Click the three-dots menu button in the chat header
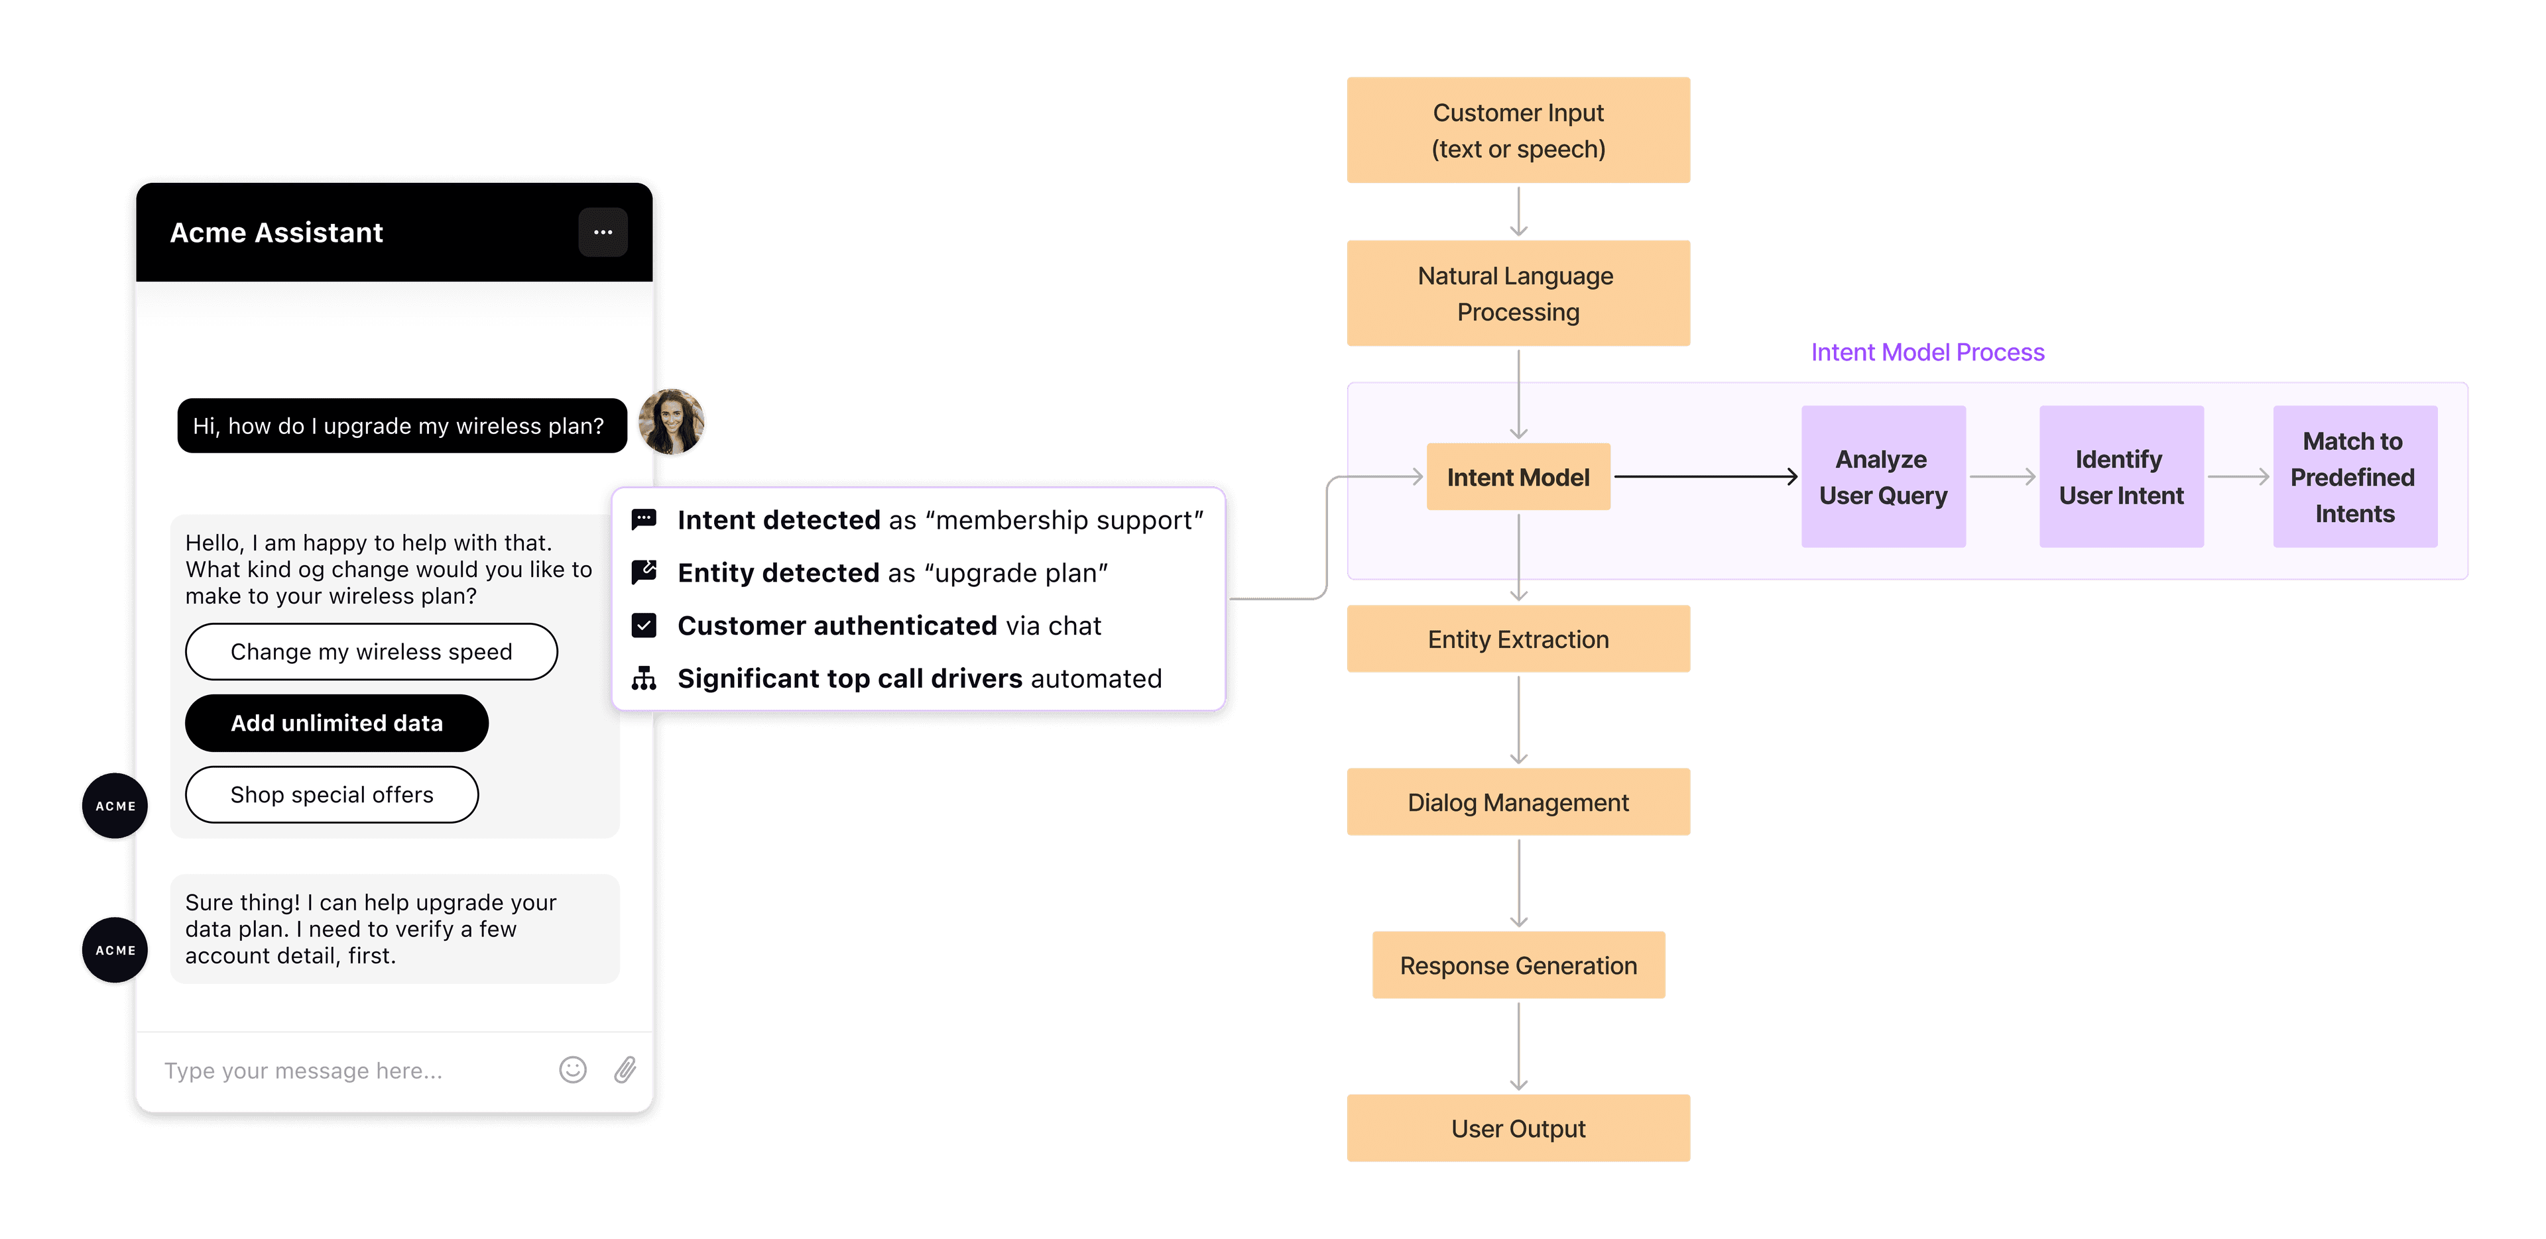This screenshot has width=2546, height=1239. [x=603, y=232]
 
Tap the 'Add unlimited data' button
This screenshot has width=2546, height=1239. [x=336, y=724]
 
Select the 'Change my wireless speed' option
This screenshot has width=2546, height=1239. [x=371, y=652]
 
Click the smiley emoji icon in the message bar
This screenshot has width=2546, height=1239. [x=574, y=1070]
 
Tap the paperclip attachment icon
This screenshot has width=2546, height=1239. [x=625, y=1070]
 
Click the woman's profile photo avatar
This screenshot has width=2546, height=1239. [x=672, y=423]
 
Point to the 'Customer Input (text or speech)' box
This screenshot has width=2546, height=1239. [x=1518, y=131]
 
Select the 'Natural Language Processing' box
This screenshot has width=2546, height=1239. [x=1518, y=294]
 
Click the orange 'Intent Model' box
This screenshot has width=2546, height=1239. [x=1518, y=477]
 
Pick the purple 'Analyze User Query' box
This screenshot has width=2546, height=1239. [x=1883, y=477]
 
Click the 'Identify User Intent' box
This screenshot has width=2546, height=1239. [x=2121, y=477]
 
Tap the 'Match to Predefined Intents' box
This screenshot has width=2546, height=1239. [x=2354, y=477]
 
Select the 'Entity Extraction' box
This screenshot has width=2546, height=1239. [x=1518, y=639]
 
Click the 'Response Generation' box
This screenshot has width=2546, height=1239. [x=1518, y=965]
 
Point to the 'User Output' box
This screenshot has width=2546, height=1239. [x=1518, y=1128]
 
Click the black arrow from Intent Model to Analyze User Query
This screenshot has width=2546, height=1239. [x=1705, y=477]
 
